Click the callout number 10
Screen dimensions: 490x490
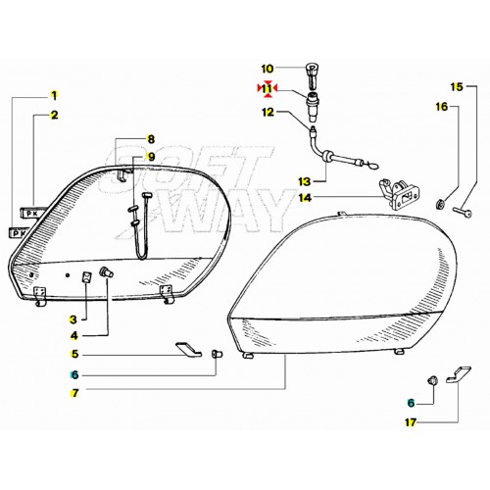tap(268, 69)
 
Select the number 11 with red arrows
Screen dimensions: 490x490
tap(268, 88)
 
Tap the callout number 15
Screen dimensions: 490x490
tap(457, 87)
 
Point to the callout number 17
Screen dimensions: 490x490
tap(411, 422)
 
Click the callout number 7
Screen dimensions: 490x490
tap(74, 393)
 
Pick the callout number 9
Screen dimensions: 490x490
tap(151, 157)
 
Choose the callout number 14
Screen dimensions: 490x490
tap(305, 198)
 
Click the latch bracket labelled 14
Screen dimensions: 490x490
tap(400, 195)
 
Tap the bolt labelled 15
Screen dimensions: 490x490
tap(463, 212)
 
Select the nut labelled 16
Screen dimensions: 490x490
tap(440, 205)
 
